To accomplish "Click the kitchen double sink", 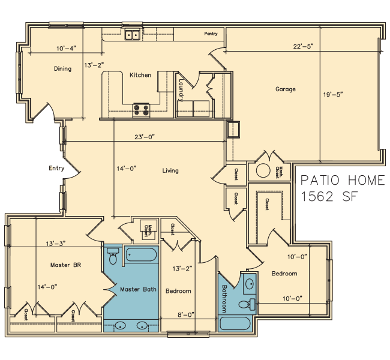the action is pyautogui.click(x=132, y=34).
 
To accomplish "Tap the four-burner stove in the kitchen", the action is pyautogui.click(x=141, y=110).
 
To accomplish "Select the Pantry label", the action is pyautogui.click(x=211, y=34).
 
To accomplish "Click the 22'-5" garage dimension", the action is pyautogui.click(x=303, y=47).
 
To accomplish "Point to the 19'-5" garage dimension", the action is pyautogui.click(x=333, y=95).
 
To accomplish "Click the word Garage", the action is pyautogui.click(x=286, y=89).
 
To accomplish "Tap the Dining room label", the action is pyautogui.click(x=62, y=68).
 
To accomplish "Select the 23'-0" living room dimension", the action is pyautogui.click(x=145, y=137).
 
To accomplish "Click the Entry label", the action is pyautogui.click(x=56, y=168).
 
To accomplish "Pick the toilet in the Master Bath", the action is pyautogui.click(x=113, y=256).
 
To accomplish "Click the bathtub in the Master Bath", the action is pyautogui.click(x=141, y=254).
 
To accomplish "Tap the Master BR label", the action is pyautogui.click(x=65, y=265).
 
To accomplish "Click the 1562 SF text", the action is pyautogui.click(x=329, y=197).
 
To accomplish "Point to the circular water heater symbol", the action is pyautogui.click(x=263, y=171).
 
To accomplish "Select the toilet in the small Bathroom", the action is pyautogui.click(x=247, y=305).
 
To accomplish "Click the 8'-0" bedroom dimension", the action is pyautogui.click(x=186, y=315).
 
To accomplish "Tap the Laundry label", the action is pyautogui.click(x=181, y=91).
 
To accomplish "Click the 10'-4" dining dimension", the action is pyautogui.click(x=66, y=48).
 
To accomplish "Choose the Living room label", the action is pyautogui.click(x=170, y=170).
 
